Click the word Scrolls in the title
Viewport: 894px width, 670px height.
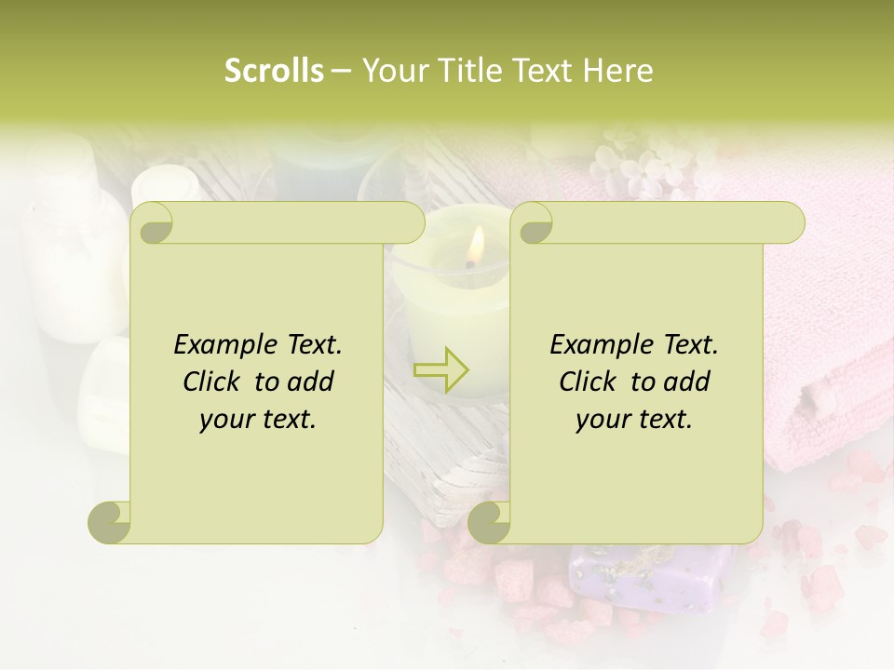[274, 71]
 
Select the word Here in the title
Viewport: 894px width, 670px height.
[618, 71]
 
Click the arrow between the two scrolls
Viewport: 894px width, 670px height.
[441, 369]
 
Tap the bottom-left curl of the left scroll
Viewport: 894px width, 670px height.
[110, 522]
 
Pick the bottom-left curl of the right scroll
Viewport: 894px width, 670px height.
[490, 522]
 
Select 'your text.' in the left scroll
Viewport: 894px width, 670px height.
[258, 420]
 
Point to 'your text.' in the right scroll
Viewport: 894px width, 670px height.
[634, 420]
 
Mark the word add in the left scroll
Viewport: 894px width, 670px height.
[312, 382]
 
